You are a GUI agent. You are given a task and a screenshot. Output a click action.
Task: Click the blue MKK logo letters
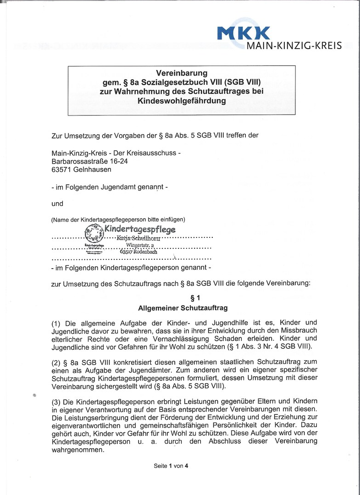(244, 33)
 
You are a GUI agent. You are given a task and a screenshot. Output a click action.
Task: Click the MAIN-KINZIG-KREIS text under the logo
(294, 46)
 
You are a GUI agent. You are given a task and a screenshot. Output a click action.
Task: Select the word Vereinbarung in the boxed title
(182, 73)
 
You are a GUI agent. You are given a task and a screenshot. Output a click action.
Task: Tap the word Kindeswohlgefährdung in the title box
(182, 100)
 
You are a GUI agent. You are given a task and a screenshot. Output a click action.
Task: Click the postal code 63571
(62, 169)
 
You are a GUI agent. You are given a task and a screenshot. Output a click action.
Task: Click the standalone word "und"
(57, 203)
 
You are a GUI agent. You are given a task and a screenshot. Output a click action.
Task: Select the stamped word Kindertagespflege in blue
(140, 229)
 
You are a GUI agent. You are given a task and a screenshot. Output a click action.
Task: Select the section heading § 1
(183, 298)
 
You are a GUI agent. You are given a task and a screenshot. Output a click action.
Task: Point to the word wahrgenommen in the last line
(78, 450)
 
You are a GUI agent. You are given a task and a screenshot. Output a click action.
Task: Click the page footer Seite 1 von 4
(171, 466)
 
